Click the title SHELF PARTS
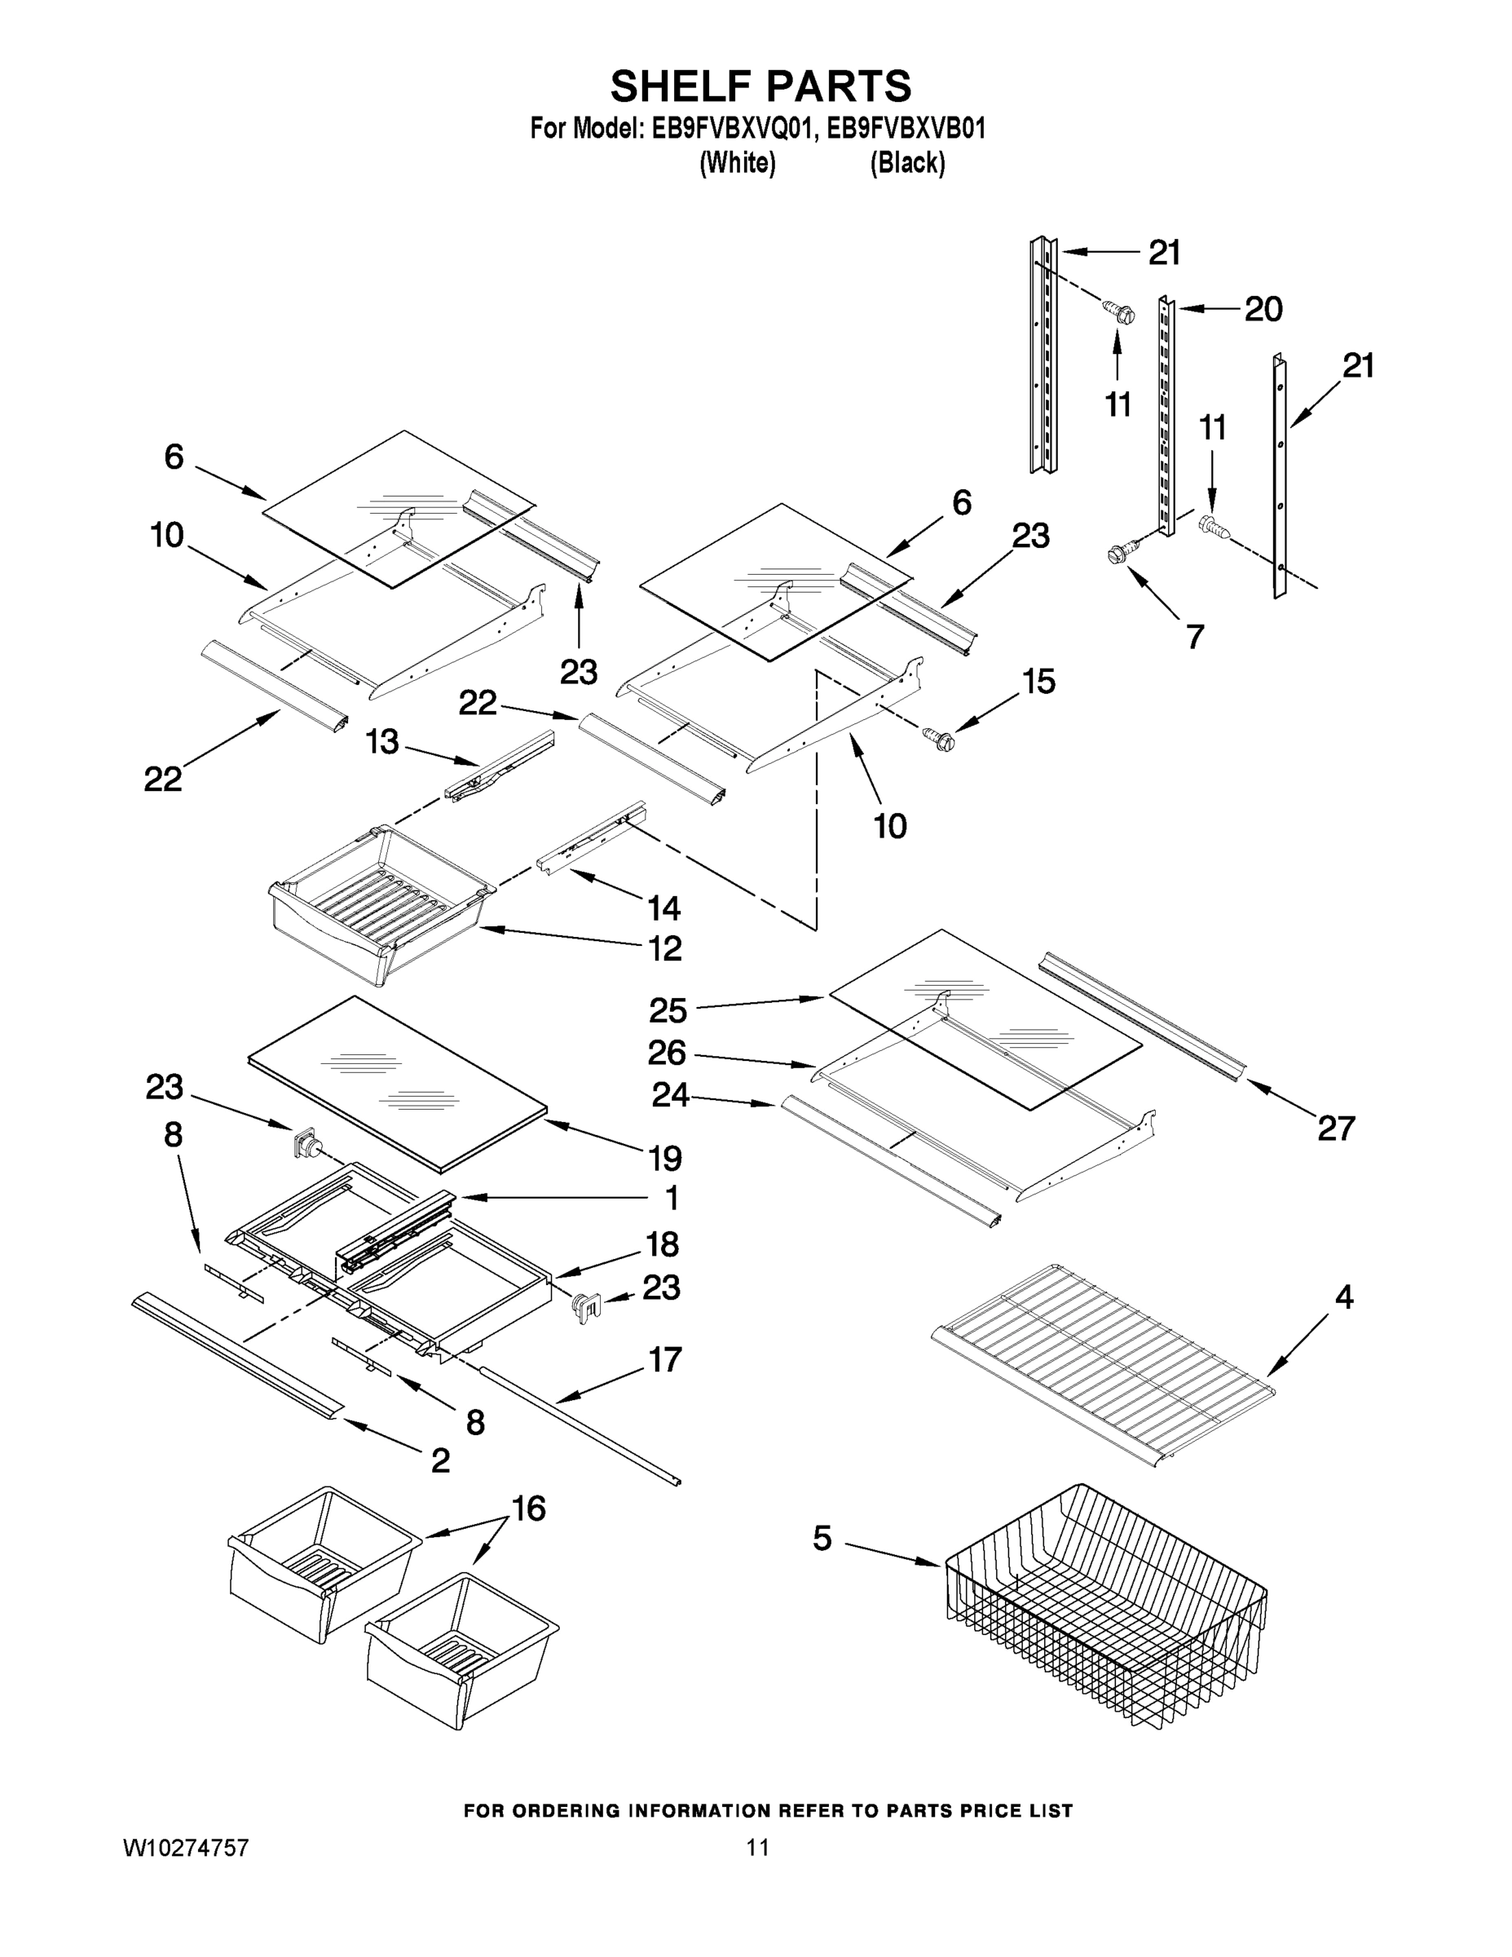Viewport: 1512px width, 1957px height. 760,87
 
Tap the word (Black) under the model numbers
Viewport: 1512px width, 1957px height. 907,163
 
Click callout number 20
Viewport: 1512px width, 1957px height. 1263,309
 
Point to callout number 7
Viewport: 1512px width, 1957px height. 1195,636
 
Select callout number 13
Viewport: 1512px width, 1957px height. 382,742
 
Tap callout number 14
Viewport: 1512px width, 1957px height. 663,908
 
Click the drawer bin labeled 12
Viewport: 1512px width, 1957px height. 381,905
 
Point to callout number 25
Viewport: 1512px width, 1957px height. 668,1011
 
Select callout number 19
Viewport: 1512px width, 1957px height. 664,1159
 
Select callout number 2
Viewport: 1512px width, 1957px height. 440,1460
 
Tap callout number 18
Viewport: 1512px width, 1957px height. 663,1244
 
